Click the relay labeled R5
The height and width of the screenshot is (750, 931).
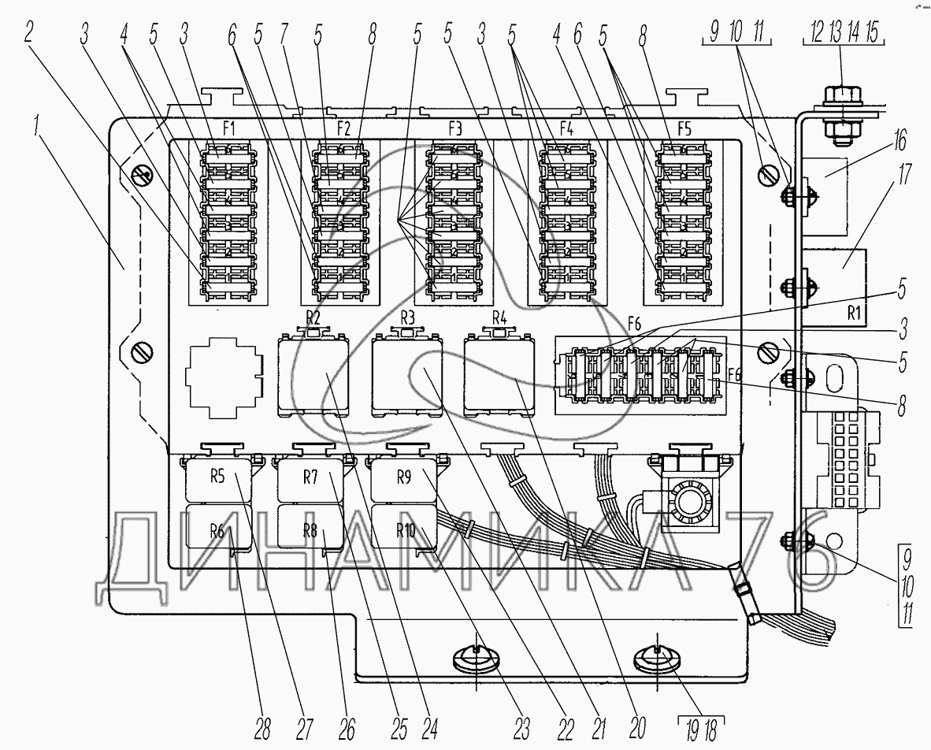[x=218, y=480]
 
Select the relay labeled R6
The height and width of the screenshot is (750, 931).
[x=218, y=526]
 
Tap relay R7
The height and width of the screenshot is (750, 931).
[x=311, y=480]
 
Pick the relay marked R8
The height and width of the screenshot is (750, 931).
[x=311, y=526]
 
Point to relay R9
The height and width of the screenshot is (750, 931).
[x=404, y=480]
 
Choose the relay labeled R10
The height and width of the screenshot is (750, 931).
[x=404, y=526]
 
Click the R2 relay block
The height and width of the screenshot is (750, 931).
[x=313, y=374]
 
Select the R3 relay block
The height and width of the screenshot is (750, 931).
[x=406, y=374]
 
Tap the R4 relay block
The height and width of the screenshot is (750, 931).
[x=499, y=374]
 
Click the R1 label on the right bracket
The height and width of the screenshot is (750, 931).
[x=853, y=314]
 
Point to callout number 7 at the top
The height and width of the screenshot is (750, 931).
[x=284, y=35]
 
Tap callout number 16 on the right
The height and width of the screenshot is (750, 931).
[x=899, y=141]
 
